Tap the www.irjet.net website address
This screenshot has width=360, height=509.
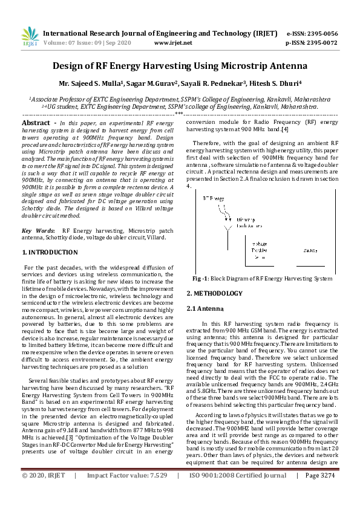pyautogui.click(x=173, y=43)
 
